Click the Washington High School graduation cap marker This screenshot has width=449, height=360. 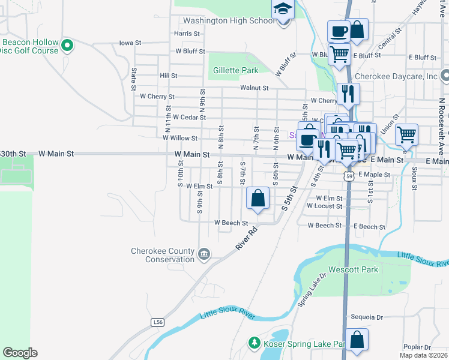pos(282,10)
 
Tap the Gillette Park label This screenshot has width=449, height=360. pos(236,70)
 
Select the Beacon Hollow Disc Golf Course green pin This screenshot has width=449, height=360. pos(67,44)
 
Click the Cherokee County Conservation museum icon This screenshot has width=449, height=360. pos(204,254)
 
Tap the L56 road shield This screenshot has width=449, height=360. pos(158,322)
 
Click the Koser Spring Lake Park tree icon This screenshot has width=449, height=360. pos(253,343)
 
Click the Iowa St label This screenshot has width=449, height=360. pos(130,43)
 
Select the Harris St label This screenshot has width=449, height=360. pos(187,34)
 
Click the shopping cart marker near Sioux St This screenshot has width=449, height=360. pos(406,135)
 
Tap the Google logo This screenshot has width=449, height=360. pos(20,352)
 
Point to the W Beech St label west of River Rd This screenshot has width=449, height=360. pos(231,223)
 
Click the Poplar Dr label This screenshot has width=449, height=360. pos(418,347)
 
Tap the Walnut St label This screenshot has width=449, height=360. pos(254,88)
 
